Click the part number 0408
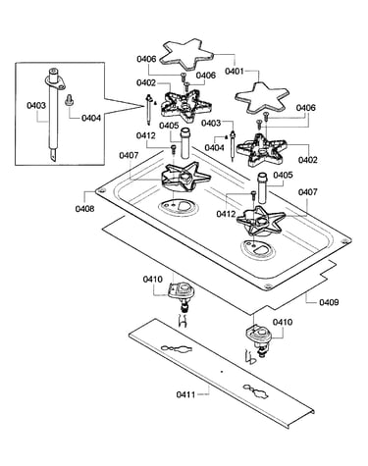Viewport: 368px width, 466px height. (x=84, y=209)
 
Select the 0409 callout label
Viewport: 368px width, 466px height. (x=329, y=302)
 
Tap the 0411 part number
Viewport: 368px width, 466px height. (x=185, y=394)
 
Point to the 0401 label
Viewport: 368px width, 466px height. (x=235, y=71)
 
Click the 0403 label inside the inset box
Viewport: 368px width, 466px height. (x=36, y=105)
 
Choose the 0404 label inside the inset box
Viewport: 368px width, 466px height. (x=91, y=118)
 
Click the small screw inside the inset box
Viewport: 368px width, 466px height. (x=69, y=100)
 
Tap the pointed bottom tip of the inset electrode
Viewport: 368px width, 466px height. (x=53, y=160)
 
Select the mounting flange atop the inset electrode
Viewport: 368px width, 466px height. (x=54, y=81)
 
